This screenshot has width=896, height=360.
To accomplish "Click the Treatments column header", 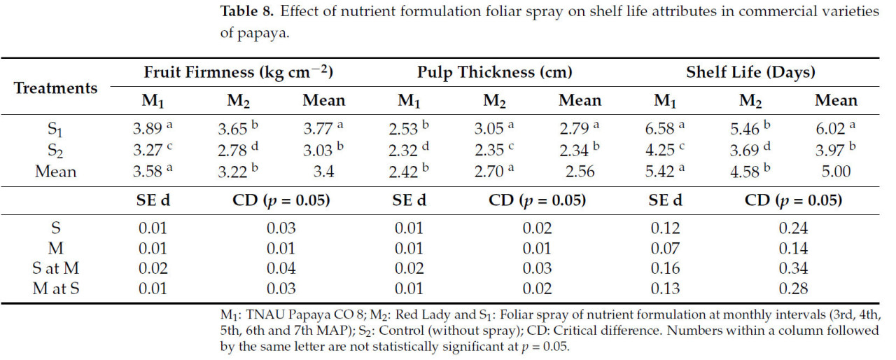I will (55, 88).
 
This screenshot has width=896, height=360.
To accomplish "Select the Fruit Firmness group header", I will (238, 72).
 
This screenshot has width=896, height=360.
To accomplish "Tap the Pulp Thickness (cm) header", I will (495, 72).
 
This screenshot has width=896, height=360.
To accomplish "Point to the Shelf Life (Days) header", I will (750, 72).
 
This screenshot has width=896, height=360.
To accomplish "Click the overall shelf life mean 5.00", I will (836, 172).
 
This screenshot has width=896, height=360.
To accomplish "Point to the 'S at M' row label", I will (55, 268).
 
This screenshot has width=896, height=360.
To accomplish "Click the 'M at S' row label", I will (55, 289).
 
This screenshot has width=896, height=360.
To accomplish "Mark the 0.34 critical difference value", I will (793, 268).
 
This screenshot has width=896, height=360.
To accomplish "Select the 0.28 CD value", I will (793, 289).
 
